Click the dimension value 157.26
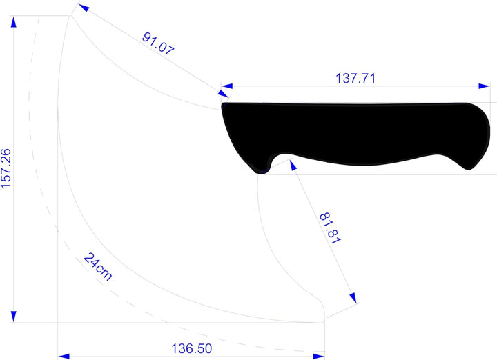point(6,168)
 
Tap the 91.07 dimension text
point(158,43)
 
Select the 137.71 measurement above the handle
point(355,78)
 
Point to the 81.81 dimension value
point(330,228)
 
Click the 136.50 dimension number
point(191,348)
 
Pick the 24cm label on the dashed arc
point(97,267)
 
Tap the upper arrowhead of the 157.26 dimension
point(13,22)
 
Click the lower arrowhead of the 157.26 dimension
point(13,317)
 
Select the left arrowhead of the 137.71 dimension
point(227,86)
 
